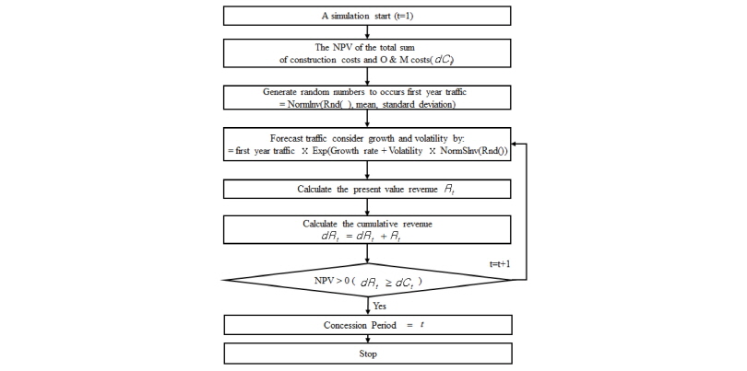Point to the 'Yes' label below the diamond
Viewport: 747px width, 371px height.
click(x=379, y=305)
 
